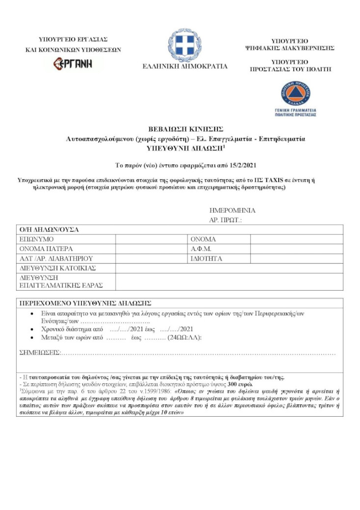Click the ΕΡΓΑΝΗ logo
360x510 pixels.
tap(73, 63)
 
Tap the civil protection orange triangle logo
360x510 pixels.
tap(295, 94)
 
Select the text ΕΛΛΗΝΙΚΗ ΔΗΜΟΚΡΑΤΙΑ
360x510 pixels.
tap(185, 66)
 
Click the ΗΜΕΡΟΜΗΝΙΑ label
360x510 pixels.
tap(232, 211)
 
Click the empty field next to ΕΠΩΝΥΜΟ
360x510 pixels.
tap(152, 239)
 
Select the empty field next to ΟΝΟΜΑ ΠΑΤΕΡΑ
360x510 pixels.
tap(152, 248)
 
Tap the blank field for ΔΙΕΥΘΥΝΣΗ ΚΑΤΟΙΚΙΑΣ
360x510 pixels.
tap(229, 268)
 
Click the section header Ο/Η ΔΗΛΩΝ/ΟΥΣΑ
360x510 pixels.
tap(49, 229)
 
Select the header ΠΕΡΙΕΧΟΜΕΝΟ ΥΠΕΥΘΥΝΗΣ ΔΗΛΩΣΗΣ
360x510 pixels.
tap(85, 302)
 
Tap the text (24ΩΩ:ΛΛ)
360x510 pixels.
tap(184, 338)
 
